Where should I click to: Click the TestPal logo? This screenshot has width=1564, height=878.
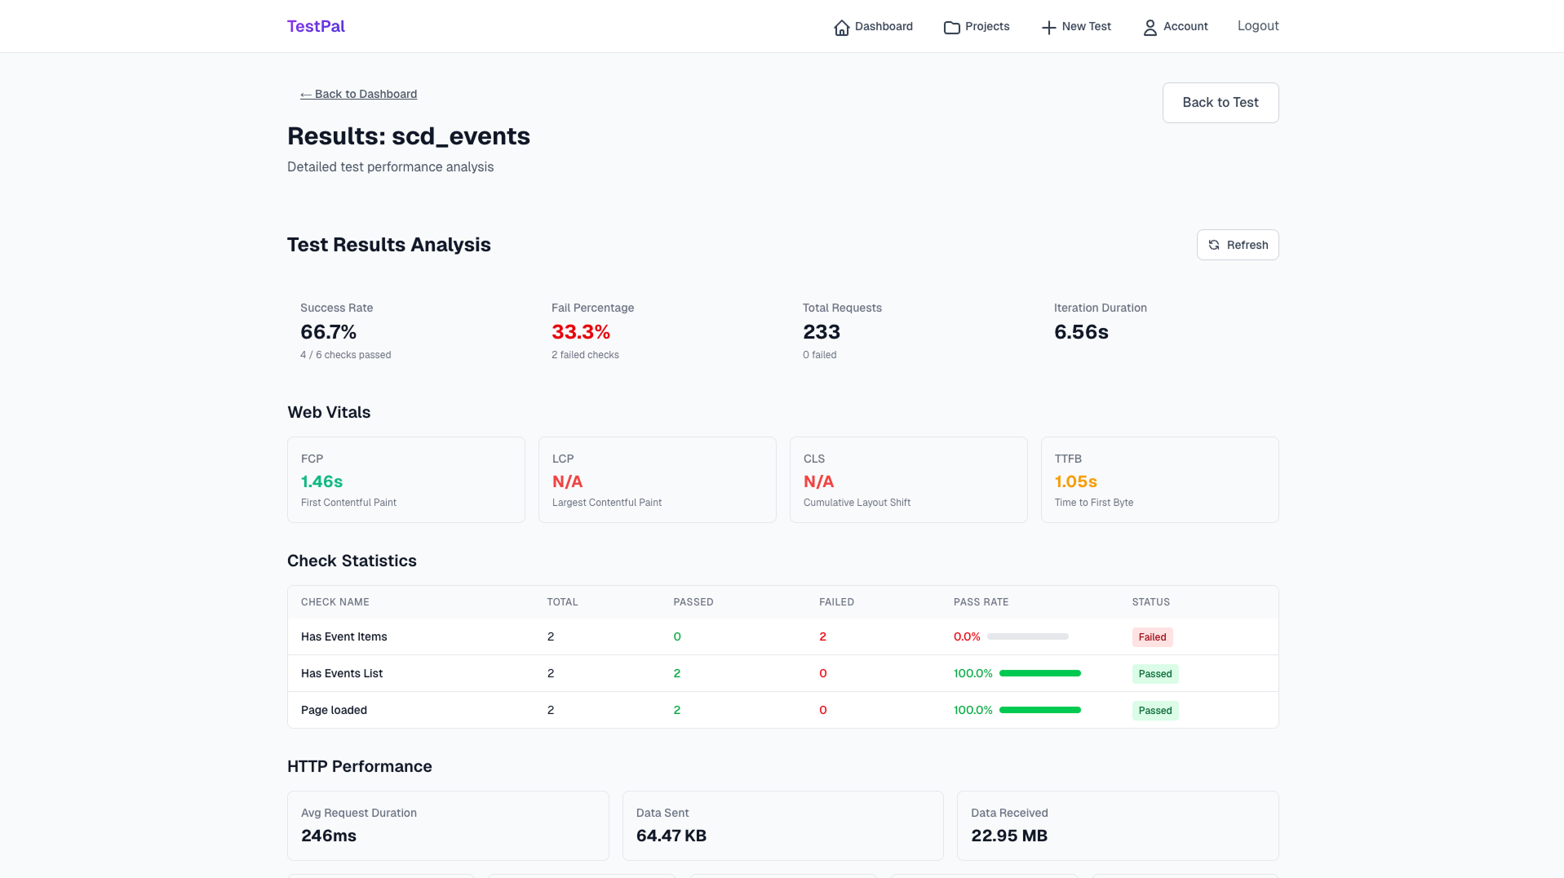click(x=316, y=26)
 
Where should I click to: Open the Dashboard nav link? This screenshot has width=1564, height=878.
click(x=873, y=27)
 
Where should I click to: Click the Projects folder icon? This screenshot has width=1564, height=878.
click(x=951, y=28)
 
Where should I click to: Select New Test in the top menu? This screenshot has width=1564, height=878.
click(x=1076, y=27)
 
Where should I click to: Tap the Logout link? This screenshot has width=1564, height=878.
click(x=1257, y=26)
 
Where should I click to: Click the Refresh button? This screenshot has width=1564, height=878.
click(x=1237, y=245)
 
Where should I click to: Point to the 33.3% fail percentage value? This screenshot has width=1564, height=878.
click(x=581, y=332)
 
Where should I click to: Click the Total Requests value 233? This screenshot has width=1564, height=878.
click(x=821, y=332)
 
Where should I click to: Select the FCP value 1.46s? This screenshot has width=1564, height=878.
click(x=321, y=481)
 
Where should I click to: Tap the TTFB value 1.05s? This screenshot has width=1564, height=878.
click(x=1075, y=481)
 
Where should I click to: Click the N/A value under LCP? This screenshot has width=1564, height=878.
click(x=567, y=481)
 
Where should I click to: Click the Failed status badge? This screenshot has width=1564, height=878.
click(x=1152, y=637)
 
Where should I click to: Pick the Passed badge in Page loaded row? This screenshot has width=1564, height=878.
click(x=1154, y=711)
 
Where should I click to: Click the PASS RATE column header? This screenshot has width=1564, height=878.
click(x=981, y=602)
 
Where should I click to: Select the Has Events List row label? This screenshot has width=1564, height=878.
click(x=342, y=673)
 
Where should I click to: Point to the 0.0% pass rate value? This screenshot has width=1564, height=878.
click(x=967, y=636)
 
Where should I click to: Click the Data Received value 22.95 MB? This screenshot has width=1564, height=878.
click(x=1008, y=836)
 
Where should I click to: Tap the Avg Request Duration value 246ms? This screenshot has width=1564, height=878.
click(x=329, y=836)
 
